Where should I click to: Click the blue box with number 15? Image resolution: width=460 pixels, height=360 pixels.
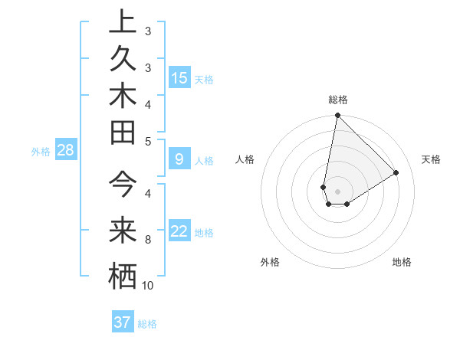(x=179, y=77)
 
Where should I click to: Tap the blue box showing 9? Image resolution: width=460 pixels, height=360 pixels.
(x=179, y=159)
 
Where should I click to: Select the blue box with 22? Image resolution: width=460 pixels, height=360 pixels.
(x=179, y=231)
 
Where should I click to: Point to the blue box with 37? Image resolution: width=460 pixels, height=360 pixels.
(x=123, y=322)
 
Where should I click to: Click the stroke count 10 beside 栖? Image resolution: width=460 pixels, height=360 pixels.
(x=148, y=286)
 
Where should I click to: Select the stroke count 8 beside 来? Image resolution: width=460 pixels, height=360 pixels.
(x=148, y=240)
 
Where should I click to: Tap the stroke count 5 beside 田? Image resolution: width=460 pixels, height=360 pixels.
(x=148, y=141)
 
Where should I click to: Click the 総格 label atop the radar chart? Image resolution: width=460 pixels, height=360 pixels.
(x=337, y=100)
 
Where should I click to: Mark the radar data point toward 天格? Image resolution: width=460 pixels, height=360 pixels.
(x=396, y=173)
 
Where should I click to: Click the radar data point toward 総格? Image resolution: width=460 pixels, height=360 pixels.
(x=337, y=116)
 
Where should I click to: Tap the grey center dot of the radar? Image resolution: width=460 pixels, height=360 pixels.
(x=337, y=191)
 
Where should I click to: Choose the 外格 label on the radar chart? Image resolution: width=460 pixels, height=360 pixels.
(x=270, y=263)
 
